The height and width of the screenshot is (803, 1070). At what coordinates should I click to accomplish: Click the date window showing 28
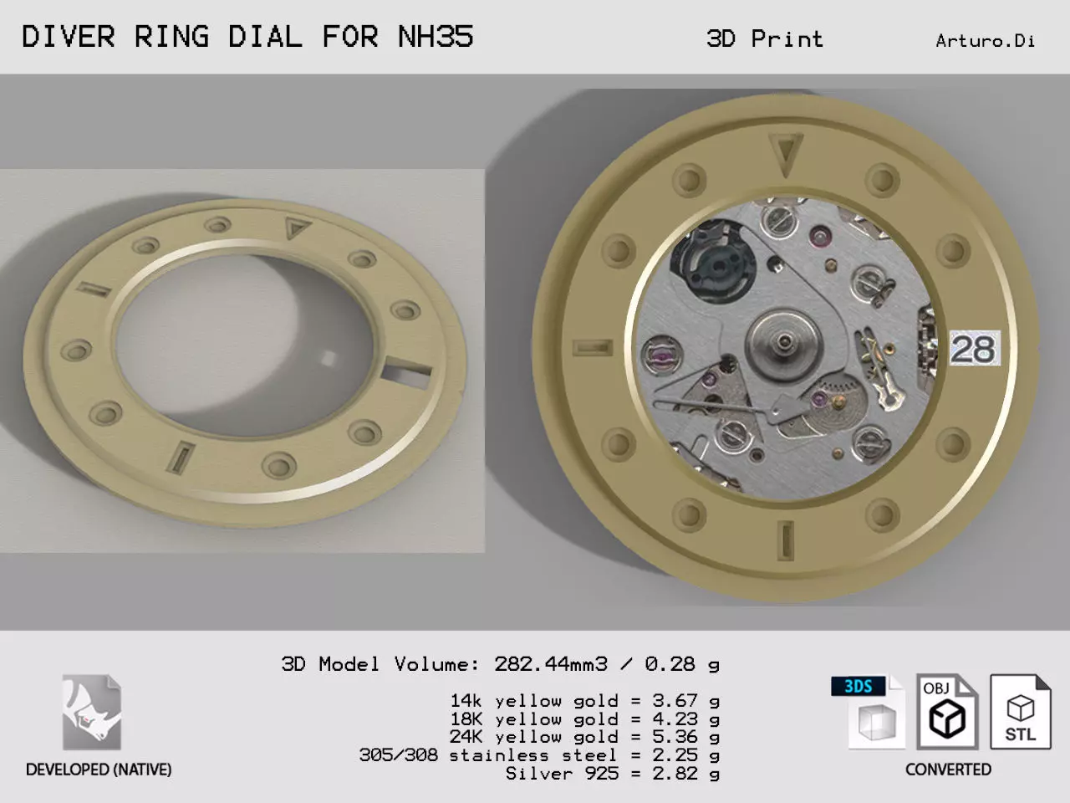(975, 348)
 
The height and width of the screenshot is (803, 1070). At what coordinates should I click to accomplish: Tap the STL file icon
(1021, 711)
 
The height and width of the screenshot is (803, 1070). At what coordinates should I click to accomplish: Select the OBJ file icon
(947, 711)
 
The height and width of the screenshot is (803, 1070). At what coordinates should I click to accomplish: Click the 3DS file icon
(869, 711)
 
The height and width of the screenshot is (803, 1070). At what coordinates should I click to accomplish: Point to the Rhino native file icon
(92, 712)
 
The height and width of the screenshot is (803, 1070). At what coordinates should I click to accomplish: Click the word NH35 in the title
(436, 37)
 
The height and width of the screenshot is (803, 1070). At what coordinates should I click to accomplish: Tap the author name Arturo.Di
(986, 41)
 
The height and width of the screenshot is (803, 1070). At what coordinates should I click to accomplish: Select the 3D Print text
(764, 39)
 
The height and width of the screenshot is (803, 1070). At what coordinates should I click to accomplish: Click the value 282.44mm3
(551, 664)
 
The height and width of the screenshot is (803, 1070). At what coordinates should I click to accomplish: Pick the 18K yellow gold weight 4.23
(675, 719)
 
